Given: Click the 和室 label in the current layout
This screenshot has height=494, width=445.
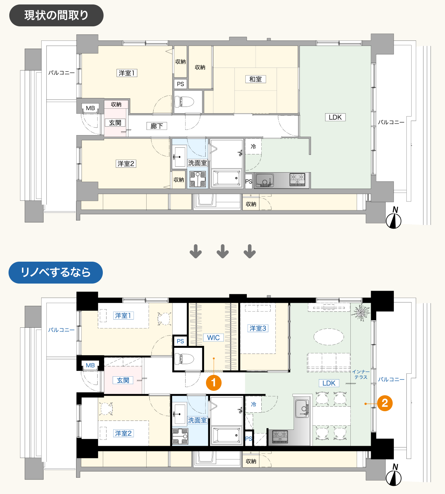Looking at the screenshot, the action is click(x=256, y=79).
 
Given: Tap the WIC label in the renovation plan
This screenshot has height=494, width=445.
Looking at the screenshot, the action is click(x=213, y=338).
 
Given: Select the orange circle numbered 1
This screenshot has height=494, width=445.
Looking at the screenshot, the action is click(x=213, y=383).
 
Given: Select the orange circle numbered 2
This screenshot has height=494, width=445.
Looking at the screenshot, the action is click(x=385, y=403).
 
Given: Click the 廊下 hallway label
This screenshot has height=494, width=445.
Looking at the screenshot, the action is click(x=157, y=126).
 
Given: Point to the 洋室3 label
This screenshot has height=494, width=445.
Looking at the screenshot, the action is click(x=258, y=328).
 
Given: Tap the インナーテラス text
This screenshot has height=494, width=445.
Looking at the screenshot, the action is click(x=361, y=374).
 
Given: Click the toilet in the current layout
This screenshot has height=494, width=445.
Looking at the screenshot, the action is click(x=184, y=101).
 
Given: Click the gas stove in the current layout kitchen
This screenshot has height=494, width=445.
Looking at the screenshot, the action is click(x=297, y=179).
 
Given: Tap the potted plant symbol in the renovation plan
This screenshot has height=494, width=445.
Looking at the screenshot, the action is click(x=361, y=312).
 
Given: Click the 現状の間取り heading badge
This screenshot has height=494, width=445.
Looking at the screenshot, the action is click(x=56, y=15).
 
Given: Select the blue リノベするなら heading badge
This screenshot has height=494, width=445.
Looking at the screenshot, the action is click(x=56, y=273).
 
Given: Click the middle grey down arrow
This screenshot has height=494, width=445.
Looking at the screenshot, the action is click(x=223, y=251).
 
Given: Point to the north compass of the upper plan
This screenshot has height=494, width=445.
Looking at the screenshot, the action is click(x=393, y=218).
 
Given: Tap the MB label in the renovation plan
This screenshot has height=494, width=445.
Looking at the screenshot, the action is click(x=91, y=365).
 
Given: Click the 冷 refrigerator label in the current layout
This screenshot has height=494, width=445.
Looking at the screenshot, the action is click(x=253, y=147).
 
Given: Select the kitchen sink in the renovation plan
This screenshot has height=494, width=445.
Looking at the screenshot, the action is click(x=302, y=409).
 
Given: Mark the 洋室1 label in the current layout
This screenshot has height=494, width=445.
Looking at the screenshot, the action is click(x=127, y=73).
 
